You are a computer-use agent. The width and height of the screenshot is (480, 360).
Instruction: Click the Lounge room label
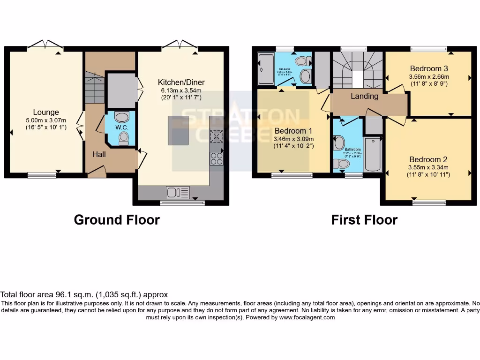[46, 112]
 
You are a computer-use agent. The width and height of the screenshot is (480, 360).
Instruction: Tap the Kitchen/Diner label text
[181, 82]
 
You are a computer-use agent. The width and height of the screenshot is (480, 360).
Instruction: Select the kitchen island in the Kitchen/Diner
[178, 130]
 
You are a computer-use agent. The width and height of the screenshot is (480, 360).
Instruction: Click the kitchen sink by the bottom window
[178, 192]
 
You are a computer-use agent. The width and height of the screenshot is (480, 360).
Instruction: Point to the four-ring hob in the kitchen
[217, 158]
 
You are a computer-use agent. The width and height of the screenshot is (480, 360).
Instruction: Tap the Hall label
[99, 154]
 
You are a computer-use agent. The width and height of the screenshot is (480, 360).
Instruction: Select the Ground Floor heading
[117, 220]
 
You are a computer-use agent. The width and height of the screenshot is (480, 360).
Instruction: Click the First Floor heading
[364, 220]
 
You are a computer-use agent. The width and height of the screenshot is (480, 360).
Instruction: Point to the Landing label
[364, 96]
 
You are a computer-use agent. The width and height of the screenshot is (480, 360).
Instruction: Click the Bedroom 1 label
[293, 130]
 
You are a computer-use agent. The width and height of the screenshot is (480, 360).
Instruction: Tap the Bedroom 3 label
[429, 68]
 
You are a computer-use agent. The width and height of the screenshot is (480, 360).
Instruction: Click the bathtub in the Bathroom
[373, 155]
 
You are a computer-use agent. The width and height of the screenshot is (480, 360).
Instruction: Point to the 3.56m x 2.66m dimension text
[429, 77]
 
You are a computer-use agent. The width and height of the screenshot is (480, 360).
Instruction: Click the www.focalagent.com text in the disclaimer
[307, 317]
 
